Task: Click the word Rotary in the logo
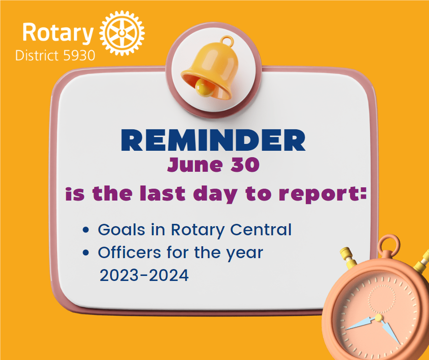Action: click(58, 33)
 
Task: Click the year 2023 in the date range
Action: click(118, 275)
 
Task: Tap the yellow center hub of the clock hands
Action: click(378, 317)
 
